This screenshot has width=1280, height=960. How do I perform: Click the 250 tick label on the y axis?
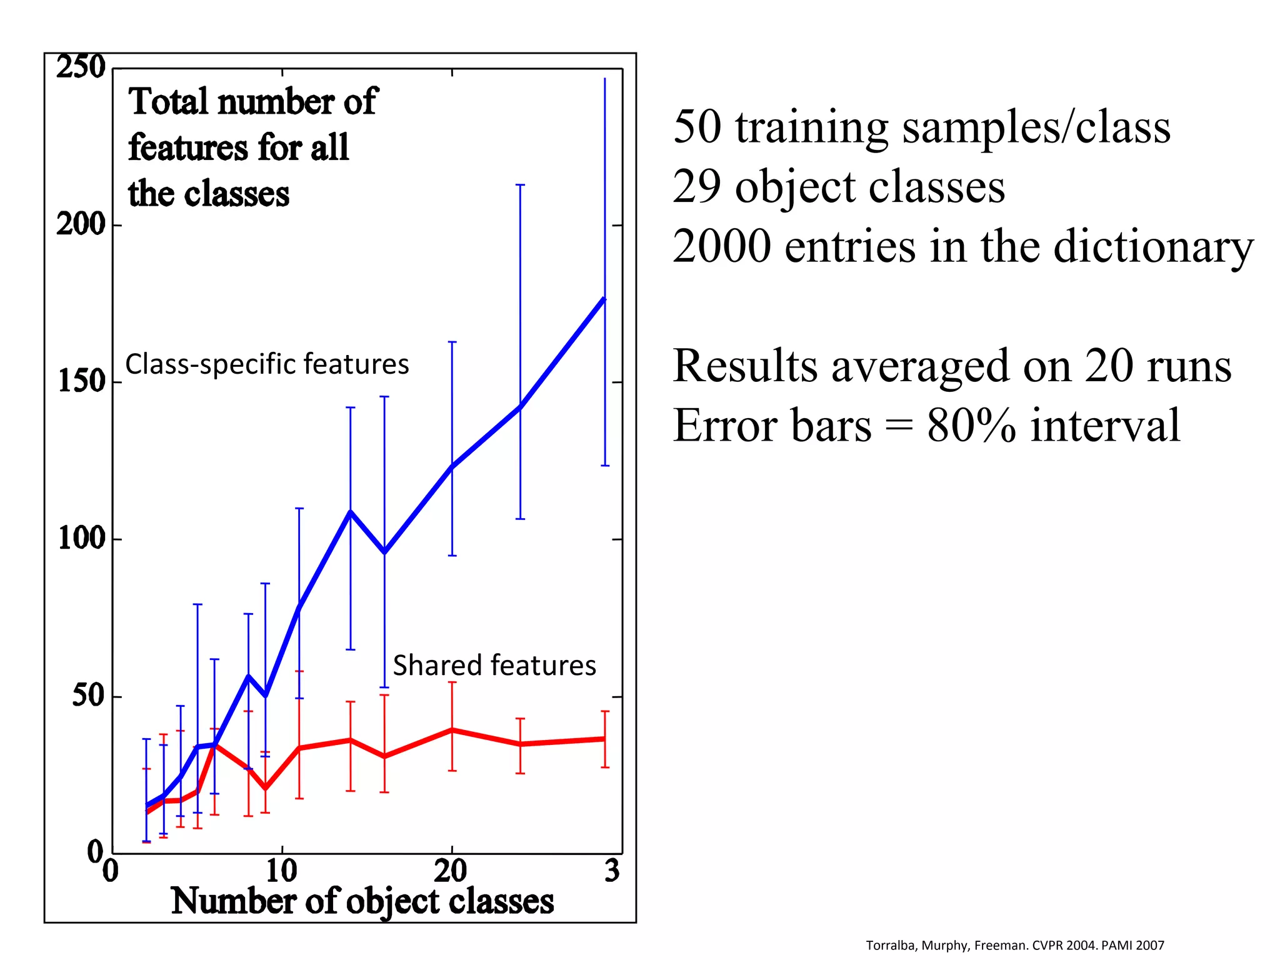pos(81,67)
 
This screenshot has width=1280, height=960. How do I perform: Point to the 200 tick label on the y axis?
pos(81,224)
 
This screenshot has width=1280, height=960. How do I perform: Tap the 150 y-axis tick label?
pos(81,381)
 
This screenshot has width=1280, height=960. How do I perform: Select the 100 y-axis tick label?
pos(81,538)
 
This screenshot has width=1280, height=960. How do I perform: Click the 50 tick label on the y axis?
pos(88,695)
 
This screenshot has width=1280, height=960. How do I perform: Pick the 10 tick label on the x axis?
pos(281,871)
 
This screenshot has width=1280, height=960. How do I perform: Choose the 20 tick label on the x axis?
pos(451,871)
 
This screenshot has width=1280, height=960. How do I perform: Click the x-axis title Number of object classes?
pos(362,901)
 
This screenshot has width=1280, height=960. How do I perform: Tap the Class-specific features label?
pos(267,364)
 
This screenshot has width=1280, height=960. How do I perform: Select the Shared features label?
pos(494,665)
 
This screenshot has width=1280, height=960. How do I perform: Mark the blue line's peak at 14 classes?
pos(351,512)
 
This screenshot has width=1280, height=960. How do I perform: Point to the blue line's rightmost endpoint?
pos(604,299)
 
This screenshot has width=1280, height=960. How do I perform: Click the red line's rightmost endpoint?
pos(604,739)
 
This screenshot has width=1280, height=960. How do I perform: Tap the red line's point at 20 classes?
pos(452,730)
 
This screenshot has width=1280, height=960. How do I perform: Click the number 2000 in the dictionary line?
pos(721,246)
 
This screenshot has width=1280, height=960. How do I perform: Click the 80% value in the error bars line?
pos(971,426)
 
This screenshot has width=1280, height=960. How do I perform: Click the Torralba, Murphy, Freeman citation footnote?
pos(1014,945)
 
